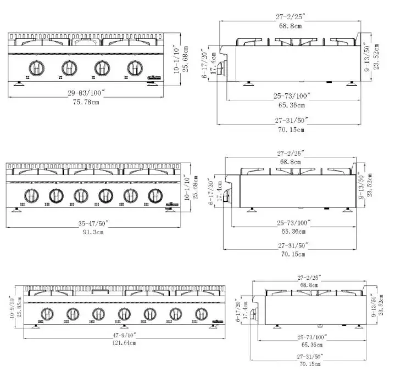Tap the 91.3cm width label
pyautogui.click(x=93, y=232)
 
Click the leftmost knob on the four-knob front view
pyautogui.click(x=37, y=67)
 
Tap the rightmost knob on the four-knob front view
pyautogui.click(x=133, y=67)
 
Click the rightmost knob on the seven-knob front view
pyautogui.click(x=199, y=314)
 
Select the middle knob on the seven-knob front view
pyautogui.click(x=123, y=314)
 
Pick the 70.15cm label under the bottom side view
pyautogui.click(x=311, y=363)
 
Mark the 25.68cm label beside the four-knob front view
pyautogui.click(x=185, y=59)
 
